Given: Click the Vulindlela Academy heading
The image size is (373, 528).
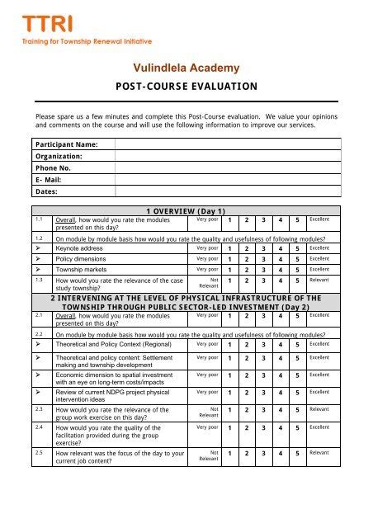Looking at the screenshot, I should [186, 68].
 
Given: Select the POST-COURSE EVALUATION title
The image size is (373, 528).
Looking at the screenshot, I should [186, 86].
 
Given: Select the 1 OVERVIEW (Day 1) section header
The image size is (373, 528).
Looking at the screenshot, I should [186, 210].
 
